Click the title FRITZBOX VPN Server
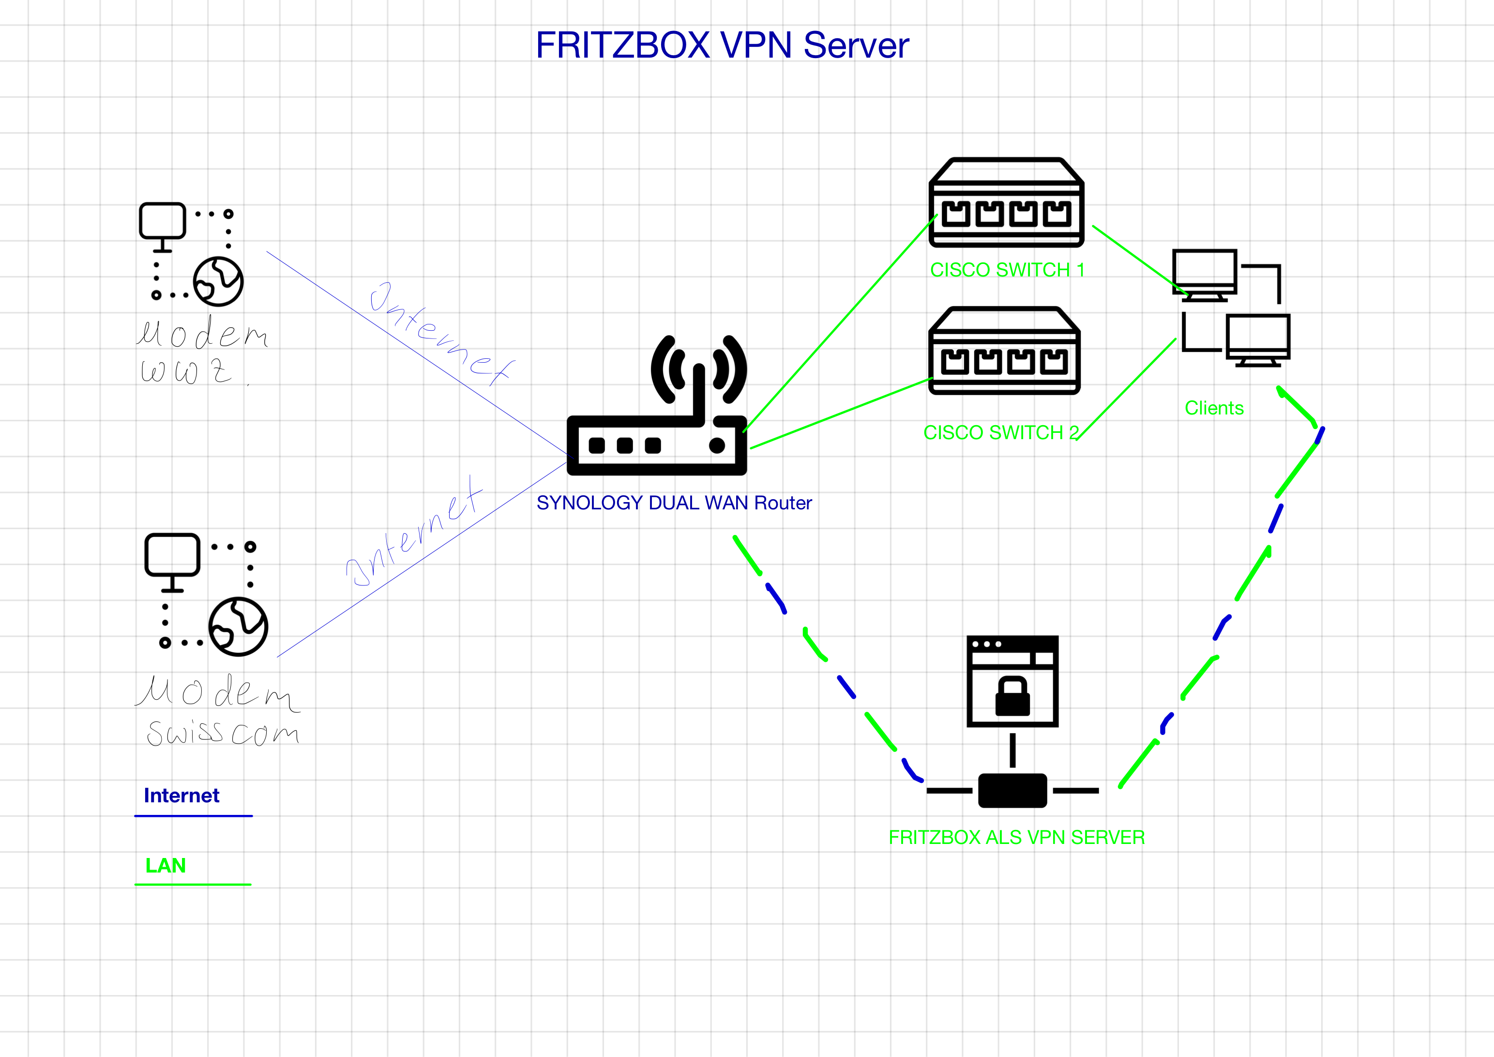pyautogui.click(x=722, y=46)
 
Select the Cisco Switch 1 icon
pyautogui.click(x=1006, y=202)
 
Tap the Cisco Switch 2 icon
pyautogui.click(x=1005, y=351)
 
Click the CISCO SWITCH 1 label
pyautogui.click(x=1007, y=270)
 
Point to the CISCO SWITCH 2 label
pyautogui.click(x=1001, y=432)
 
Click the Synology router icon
pyautogui.click(x=657, y=443)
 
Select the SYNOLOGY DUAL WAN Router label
pyautogui.click(x=674, y=503)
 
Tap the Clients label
pyautogui.click(x=1214, y=408)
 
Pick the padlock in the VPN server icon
pyautogui.click(x=1012, y=696)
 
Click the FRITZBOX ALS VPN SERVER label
pyautogui.click(x=1016, y=837)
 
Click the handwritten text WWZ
pyautogui.click(x=185, y=371)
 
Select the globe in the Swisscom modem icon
pyautogui.click(x=238, y=626)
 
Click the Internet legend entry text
pyautogui.click(x=181, y=796)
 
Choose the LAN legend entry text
pyautogui.click(x=166, y=865)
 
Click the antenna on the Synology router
pyautogui.click(x=699, y=391)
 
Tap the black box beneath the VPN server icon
pyautogui.click(x=1012, y=790)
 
